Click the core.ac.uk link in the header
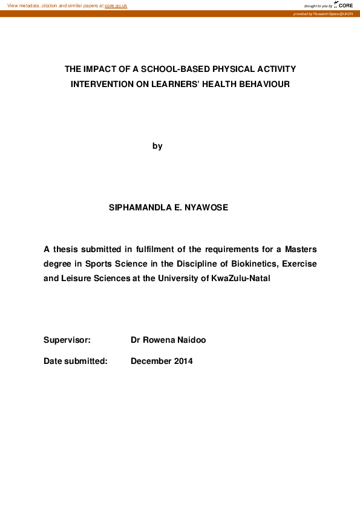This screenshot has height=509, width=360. pos(116,5)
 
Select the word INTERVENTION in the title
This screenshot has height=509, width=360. pos(99,84)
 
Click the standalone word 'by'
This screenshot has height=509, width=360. pos(157,146)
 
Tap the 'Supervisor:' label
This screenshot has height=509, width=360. pos(67,340)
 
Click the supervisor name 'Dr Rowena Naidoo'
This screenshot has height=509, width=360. pos(168,340)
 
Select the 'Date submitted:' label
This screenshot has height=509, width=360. pos(75,361)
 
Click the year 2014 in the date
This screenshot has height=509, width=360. pos(183,361)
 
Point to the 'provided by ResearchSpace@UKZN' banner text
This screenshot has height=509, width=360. pos(322,13)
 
